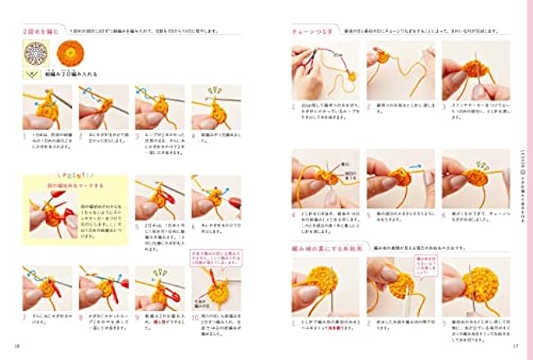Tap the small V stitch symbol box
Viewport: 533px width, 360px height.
[x=34, y=73]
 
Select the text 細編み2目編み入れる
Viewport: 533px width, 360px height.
[x=74, y=73]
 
